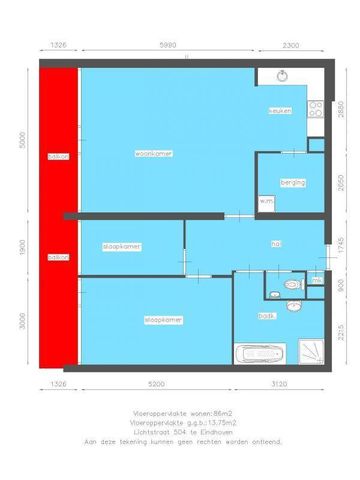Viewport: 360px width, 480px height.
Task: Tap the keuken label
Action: click(x=279, y=111)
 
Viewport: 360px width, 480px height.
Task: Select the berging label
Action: click(x=293, y=182)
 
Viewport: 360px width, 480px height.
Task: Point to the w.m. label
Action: click(x=266, y=201)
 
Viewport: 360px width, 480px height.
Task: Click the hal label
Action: click(x=275, y=242)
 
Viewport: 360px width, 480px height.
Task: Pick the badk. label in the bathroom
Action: click(x=266, y=314)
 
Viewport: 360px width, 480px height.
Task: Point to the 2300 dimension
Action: click(x=290, y=47)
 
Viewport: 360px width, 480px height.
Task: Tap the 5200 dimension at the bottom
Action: click(x=156, y=384)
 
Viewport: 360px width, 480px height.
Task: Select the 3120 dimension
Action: click(x=278, y=384)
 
